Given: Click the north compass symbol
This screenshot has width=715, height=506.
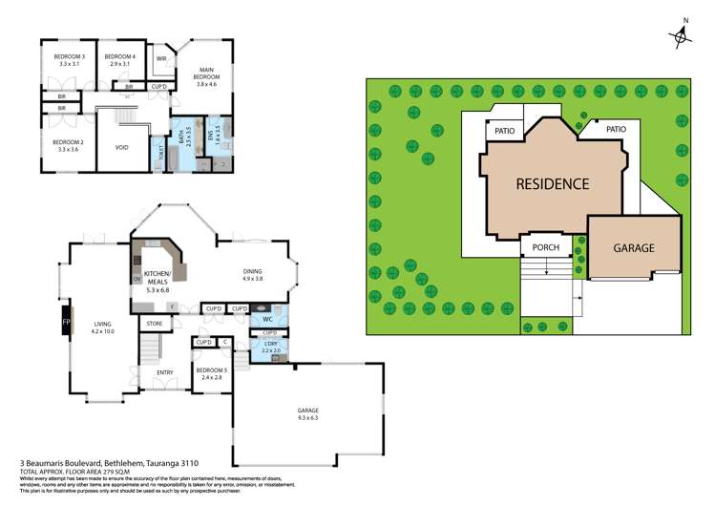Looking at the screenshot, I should click(682, 35).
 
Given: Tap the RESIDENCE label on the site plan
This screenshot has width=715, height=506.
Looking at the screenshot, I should click(553, 183).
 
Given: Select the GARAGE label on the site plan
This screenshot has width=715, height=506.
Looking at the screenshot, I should click(633, 247).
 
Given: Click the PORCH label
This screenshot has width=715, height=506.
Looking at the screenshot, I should click(545, 248).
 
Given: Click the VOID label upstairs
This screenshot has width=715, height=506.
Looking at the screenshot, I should click(122, 147).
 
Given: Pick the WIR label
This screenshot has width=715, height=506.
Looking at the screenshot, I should click(161, 59).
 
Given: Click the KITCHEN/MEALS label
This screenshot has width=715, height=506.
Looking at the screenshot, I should click(156, 277).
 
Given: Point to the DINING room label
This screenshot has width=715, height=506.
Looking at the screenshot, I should click(252, 273).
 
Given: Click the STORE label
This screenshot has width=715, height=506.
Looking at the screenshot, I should click(154, 324).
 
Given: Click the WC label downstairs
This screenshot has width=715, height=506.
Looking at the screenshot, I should click(269, 319).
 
